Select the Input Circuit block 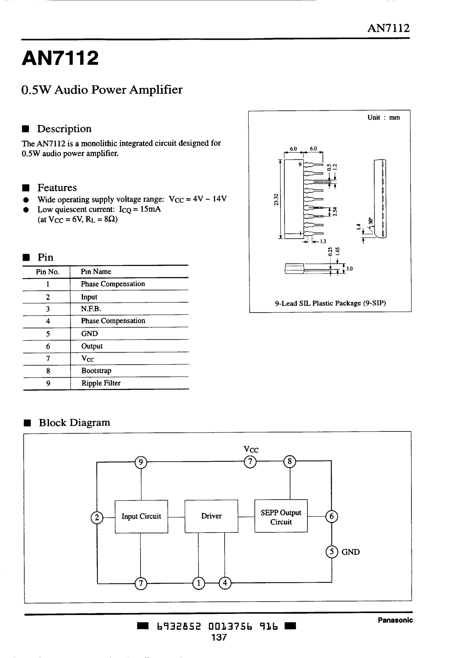141,516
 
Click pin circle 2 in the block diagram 97,518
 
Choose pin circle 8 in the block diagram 289,462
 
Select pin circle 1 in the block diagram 199,583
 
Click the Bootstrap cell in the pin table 96,371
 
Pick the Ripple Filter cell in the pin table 101,383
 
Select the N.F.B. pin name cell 91,309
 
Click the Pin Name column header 96,271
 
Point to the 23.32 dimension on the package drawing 276,200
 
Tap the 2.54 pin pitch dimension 335,211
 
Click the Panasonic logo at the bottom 395,620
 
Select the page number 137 219,637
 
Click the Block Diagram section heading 74,423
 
